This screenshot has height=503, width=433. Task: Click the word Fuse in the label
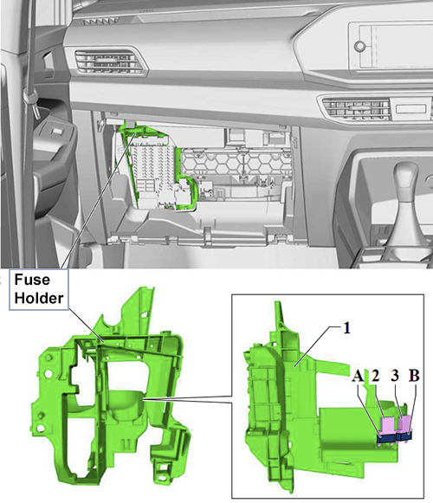[x=32, y=280]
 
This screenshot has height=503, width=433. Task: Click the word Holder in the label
[x=39, y=298]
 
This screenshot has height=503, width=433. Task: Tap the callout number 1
[x=346, y=328]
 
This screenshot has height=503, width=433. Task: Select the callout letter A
[x=358, y=376]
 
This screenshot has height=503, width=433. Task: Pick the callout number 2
[x=375, y=376]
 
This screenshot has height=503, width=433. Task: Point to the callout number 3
[x=395, y=376]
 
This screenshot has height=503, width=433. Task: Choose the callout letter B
[x=414, y=376]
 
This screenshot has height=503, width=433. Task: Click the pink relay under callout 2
[x=388, y=424]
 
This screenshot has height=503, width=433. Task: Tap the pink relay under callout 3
[x=404, y=423]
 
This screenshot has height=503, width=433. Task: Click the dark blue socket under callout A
[x=387, y=438]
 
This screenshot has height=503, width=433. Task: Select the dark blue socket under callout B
[x=404, y=436]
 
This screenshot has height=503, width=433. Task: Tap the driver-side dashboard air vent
[x=108, y=62]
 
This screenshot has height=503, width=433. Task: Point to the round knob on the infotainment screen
[x=359, y=46]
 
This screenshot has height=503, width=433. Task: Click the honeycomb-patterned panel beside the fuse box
[x=236, y=162]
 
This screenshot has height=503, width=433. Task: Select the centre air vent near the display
[x=356, y=107]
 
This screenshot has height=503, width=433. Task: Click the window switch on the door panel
[x=57, y=131]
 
